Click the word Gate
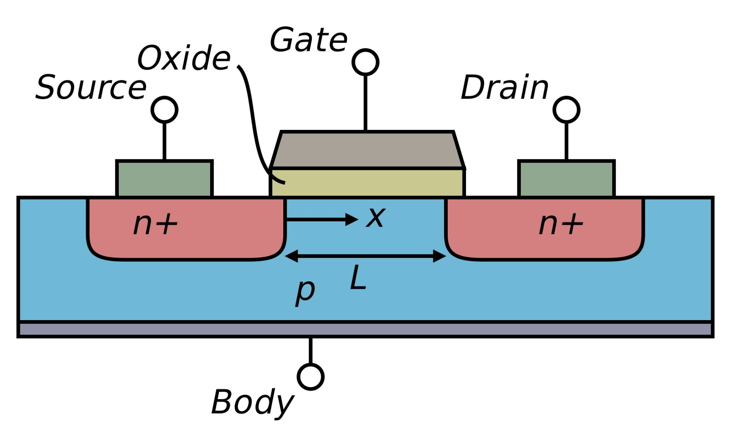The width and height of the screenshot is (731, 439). click(x=308, y=40)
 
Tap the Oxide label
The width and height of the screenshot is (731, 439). click(x=184, y=58)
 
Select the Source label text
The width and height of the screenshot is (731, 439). click(x=91, y=88)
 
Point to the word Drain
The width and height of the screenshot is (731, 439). click(x=504, y=88)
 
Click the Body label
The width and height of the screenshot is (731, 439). click(x=252, y=402)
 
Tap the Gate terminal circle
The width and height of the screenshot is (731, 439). click(x=365, y=62)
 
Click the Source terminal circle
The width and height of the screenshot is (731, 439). click(x=164, y=110)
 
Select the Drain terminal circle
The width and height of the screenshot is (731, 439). click(x=567, y=110)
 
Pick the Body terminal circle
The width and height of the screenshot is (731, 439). click(x=311, y=377)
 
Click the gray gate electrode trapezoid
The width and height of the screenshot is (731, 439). click(x=367, y=150)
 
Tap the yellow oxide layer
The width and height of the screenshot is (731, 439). click(x=367, y=183)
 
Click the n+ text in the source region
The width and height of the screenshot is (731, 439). click(x=155, y=224)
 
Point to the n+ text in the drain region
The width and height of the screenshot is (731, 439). click(x=561, y=224)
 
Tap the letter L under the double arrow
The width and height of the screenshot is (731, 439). click(x=358, y=277)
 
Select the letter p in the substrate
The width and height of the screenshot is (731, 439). click(x=305, y=292)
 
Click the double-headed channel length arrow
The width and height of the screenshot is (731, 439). click(x=365, y=256)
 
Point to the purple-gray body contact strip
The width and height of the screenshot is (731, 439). click(x=365, y=330)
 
